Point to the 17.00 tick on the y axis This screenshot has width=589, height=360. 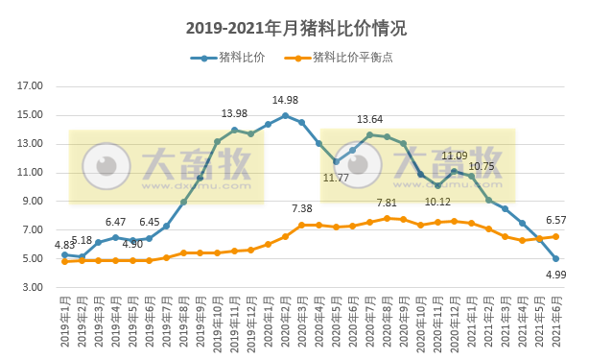coord(32,86)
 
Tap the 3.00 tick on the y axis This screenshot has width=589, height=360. coord(32,288)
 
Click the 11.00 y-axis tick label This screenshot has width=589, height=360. coord(32,173)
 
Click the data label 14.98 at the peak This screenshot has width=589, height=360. coord(285,101)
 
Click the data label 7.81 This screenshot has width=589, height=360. coord(386,204)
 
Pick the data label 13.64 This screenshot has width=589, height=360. coord(369,119)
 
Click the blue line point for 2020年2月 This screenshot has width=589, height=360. coord(285,115)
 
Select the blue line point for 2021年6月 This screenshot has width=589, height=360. coord(555,259)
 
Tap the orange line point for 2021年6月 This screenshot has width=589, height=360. coord(555,236)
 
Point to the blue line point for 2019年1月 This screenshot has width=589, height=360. coord(64,255)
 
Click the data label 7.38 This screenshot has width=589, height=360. coord(302,209)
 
